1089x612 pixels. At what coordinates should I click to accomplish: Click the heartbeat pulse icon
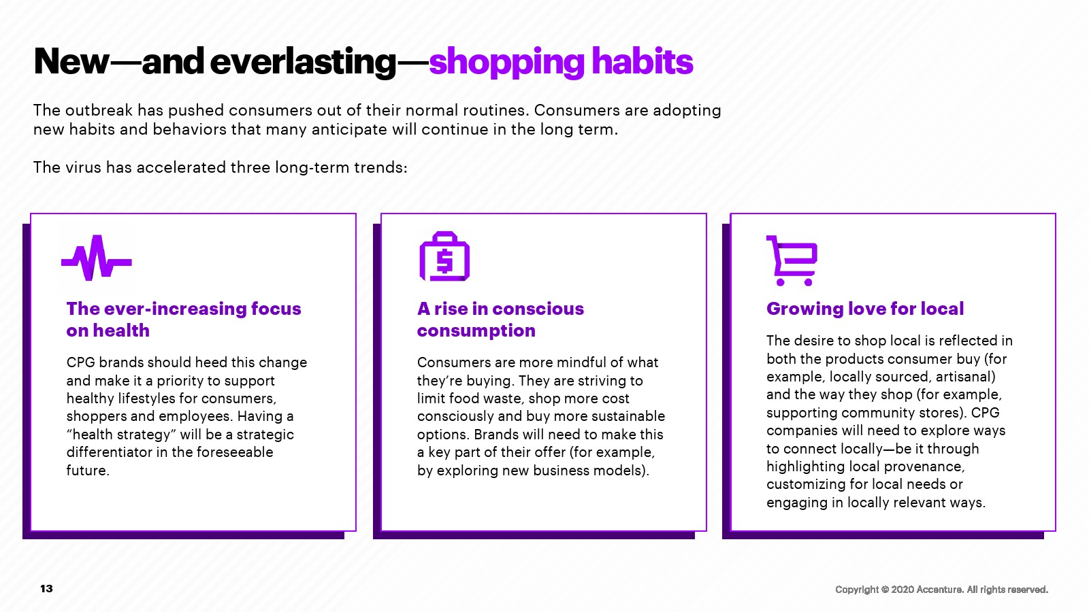click(x=96, y=258)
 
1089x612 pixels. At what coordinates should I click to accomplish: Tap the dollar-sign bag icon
click(x=444, y=256)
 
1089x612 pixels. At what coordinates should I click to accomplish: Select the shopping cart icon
click(x=792, y=261)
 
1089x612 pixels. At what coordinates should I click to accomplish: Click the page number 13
click(x=46, y=589)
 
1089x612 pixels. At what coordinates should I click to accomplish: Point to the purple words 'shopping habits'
click(x=561, y=62)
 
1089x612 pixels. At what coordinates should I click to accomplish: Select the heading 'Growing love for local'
click(x=865, y=309)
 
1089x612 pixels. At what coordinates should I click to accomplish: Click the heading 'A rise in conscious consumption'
click(x=500, y=320)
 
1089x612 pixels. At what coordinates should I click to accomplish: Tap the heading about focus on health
click(x=183, y=320)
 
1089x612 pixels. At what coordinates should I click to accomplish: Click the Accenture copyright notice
click(x=942, y=590)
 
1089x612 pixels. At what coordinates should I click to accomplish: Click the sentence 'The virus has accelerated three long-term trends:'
click(x=221, y=167)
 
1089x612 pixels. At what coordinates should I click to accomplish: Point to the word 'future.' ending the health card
click(x=88, y=470)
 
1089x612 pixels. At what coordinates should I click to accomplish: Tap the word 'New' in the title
click(x=71, y=62)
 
